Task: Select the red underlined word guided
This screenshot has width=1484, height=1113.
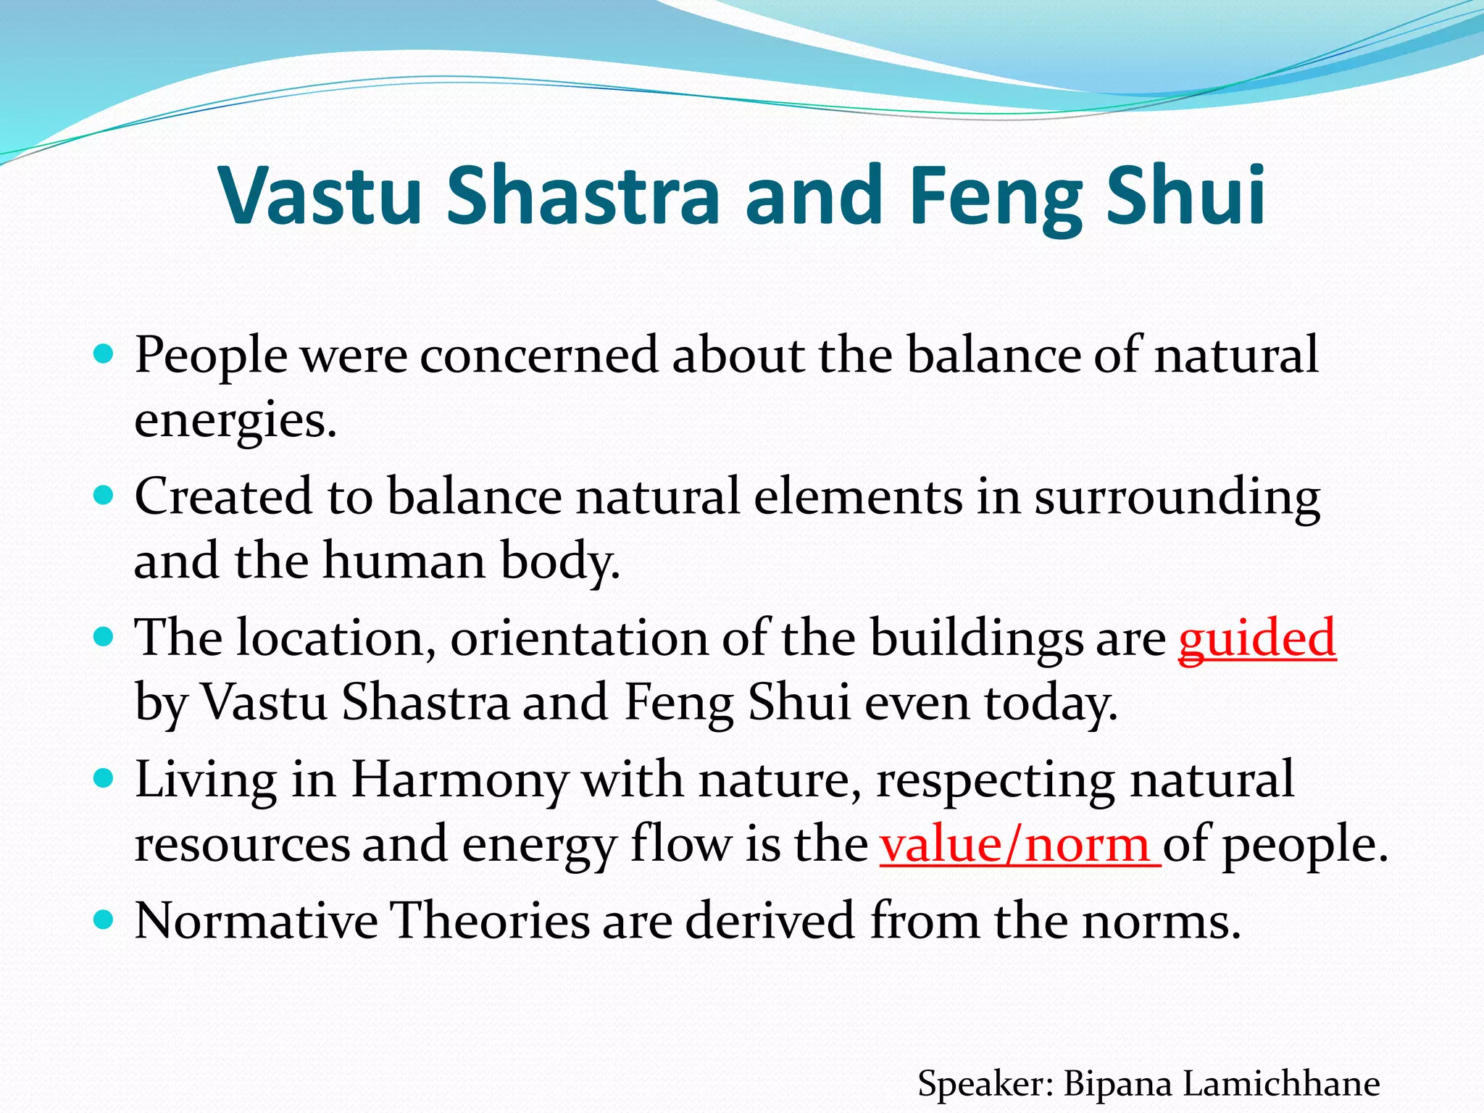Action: [1256, 638]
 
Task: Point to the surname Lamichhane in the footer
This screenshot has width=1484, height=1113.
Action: [1281, 1084]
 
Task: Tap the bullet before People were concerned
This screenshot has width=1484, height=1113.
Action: [104, 354]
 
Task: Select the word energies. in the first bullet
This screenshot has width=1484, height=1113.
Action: [235, 420]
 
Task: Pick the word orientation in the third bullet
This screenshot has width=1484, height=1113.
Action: [578, 638]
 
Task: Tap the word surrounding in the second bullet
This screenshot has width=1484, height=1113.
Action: [1177, 497]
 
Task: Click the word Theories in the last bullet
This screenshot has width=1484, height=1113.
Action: [490, 920]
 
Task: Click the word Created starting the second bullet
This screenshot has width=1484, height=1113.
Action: [224, 497]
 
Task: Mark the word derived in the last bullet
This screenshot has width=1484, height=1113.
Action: [770, 920]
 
